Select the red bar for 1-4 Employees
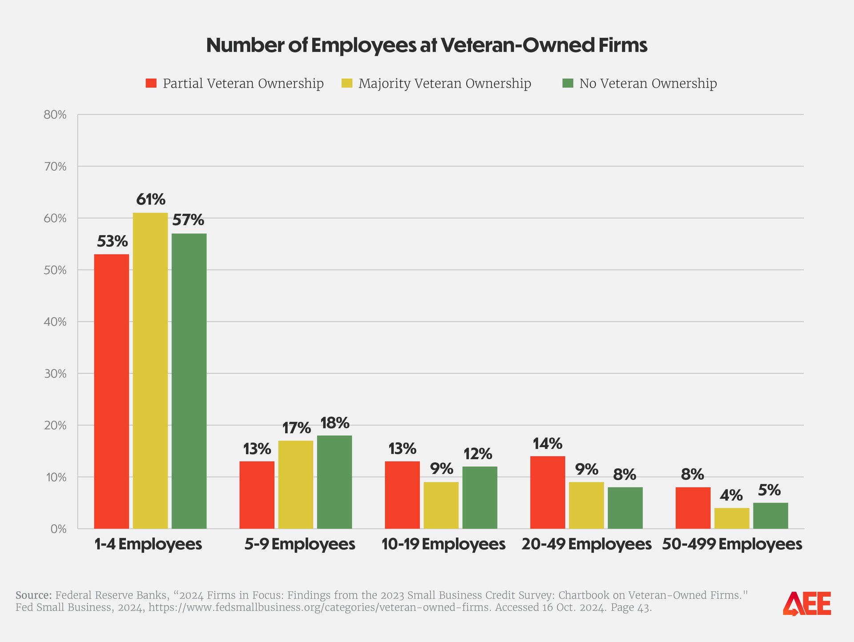(x=112, y=392)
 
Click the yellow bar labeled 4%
(x=732, y=518)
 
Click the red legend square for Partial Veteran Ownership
(x=151, y=83)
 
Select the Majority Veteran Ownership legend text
(x=444, y=84)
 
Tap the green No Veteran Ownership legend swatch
(x=568, y=83)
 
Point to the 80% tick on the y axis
(x=55, y=115)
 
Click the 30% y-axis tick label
(x=55, y=374)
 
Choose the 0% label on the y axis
(x=58, y=529)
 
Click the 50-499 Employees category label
(x=732, y=544)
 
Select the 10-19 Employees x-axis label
(x=443, y=544)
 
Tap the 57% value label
(x=188, y=220)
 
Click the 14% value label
(x=548, y=444)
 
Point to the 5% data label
(x=769, y=490)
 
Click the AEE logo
(x=807, y=604)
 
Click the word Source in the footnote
(x=34, y=595)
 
